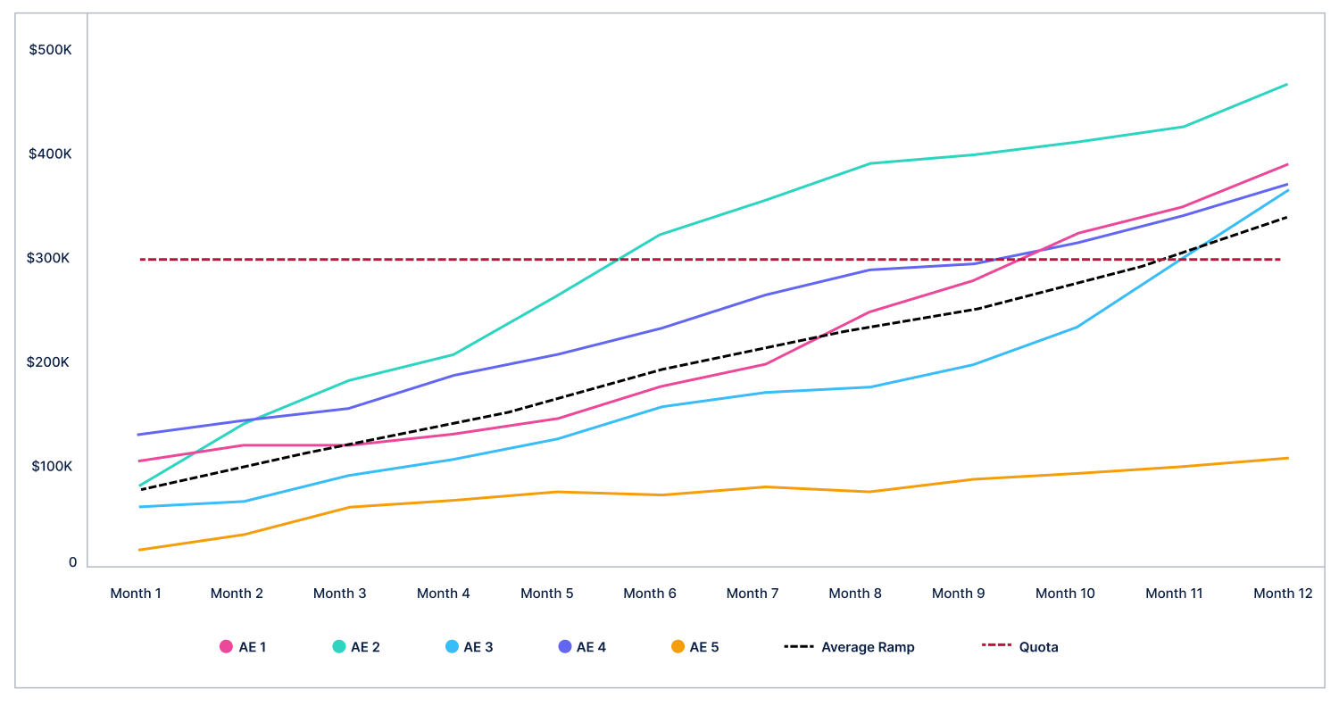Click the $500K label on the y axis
coord(50,50)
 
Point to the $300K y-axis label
coord(50,259)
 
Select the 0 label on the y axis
coord(72,562)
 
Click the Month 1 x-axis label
coord(136,594)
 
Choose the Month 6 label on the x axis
coord(650,594)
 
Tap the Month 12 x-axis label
coord(1283,594)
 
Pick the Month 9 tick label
coord(958,594)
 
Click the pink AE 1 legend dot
coord(226,647)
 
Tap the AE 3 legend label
coord(478,647)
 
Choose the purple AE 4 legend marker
coord(564,647)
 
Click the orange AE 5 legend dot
coord(678,647)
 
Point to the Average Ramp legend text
coord(868,647)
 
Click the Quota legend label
coord(1038,647)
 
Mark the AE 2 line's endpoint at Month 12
coord(1287,85)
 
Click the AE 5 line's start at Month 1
coord(140,550)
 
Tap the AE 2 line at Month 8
coord(870,163)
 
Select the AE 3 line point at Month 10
coord(1077,327)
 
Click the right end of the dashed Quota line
coord(1280,260)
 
